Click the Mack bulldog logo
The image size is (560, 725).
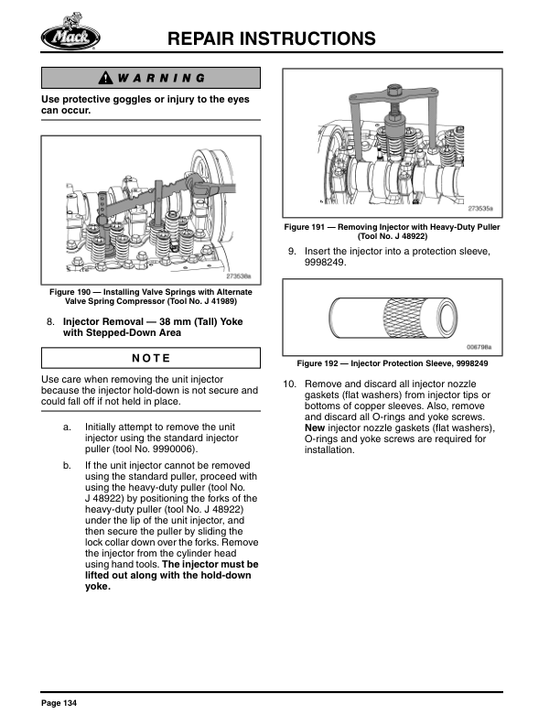tap(70, 36)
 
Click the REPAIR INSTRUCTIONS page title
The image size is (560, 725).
tap(274, 38)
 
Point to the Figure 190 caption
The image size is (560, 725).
tap(151, 297)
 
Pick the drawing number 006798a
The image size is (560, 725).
tap(479, 347)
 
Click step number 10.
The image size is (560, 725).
tap(289, 384)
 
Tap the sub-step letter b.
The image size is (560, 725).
tap(67, 466)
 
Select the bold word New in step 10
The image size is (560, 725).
tap(315, 428)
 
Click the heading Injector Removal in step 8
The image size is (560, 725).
tap(107, 322)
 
